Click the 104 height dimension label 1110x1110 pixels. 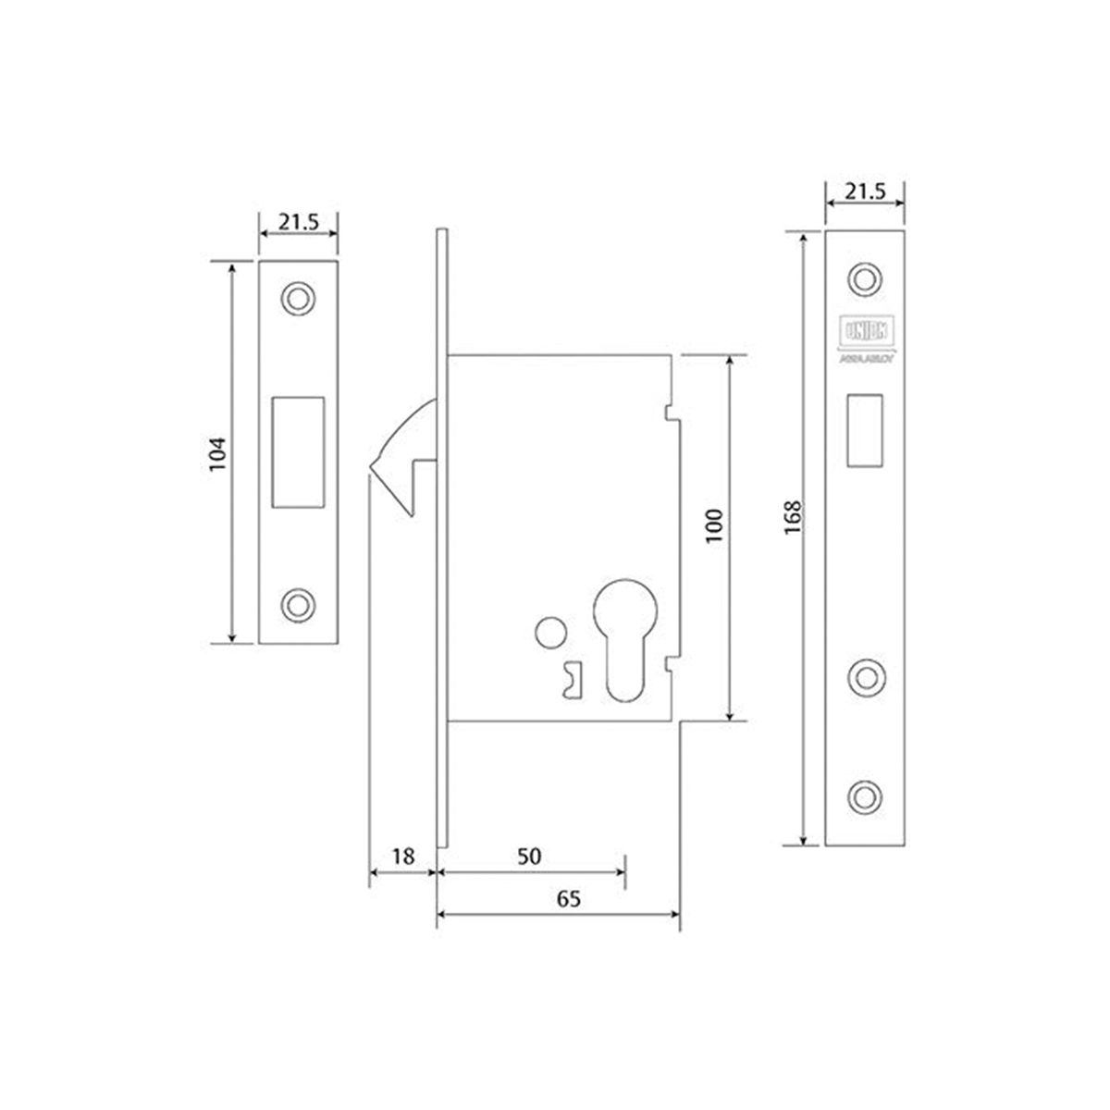(x=217, y=453)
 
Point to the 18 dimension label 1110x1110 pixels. (x=401, y=856)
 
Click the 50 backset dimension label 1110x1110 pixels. (x=528, y=856)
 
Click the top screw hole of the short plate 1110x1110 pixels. (x=298, y=298)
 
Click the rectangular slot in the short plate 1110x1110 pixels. (x=298, y=451)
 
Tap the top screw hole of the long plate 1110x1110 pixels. (x=865, y=278)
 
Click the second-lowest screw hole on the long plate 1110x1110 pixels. (x=865, y=675)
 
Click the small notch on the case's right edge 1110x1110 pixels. (x=670, y=410)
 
